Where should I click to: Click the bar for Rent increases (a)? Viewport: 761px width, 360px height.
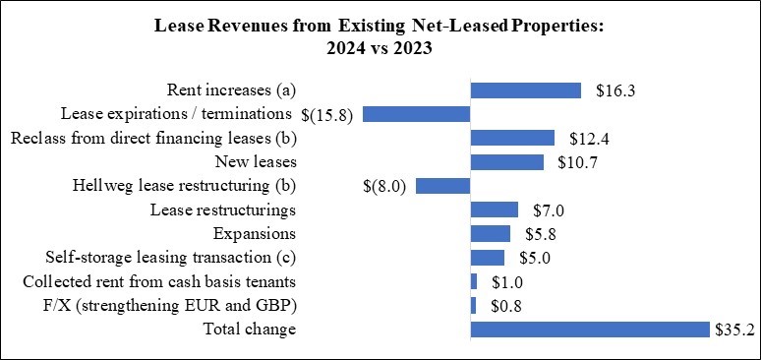click(x=526, y=90)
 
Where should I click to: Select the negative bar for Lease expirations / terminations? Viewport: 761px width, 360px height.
click(x=417, y=114)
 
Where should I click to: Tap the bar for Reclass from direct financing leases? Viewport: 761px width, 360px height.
click(x=512, y=138)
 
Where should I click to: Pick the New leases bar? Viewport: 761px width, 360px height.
click(x=507, y=162)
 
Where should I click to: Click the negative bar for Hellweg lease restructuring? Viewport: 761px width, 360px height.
click(x=443, y=186)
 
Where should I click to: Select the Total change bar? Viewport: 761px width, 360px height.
click(x=590, y=330)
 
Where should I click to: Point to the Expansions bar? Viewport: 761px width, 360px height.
click(x=491, y=233)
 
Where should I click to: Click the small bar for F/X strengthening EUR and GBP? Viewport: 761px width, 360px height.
click(x=474, y=305)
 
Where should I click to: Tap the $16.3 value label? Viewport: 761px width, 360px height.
click(x=615, y=90)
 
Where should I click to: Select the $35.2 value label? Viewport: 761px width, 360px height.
click(x=733, y=330)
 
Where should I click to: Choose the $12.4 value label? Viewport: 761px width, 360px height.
click(x=587, y=138)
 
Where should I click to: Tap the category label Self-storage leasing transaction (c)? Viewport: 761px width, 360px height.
click(x=171, y=258)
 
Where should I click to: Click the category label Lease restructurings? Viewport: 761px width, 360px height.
click(x=223, y=210)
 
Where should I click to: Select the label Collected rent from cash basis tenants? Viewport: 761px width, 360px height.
click(x=159, y=281)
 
